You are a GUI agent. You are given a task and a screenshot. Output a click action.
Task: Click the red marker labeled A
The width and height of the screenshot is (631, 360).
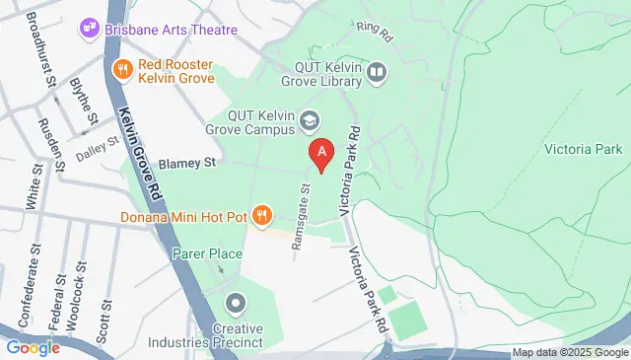[320, 154]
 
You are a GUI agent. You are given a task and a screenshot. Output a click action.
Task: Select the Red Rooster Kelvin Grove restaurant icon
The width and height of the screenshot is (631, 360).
[123, 69]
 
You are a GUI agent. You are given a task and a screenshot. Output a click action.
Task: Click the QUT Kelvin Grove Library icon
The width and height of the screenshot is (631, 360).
[377, 72]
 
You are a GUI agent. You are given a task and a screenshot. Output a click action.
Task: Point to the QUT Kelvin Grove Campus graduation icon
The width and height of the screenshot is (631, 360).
[311, 119]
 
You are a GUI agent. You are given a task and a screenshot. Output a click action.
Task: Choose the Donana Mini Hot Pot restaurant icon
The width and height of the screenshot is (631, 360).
[261, 214]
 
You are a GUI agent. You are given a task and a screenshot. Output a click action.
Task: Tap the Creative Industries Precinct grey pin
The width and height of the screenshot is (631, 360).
[235, 303]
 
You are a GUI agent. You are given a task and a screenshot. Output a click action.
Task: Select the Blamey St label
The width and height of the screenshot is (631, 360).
[186, 163]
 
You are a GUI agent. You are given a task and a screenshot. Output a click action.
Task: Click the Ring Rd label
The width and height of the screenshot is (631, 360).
[375, 32]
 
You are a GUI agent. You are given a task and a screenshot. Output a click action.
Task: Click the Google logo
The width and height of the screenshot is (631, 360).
[34, 347]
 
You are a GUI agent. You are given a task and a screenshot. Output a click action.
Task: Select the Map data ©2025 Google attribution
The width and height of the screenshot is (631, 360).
[570, 352]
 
